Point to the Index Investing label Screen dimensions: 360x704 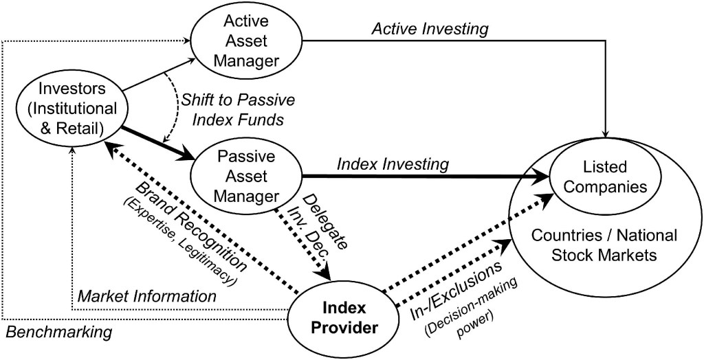[393, 164]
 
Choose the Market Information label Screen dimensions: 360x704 [146, 297]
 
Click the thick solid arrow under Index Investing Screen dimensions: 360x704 [426, 177]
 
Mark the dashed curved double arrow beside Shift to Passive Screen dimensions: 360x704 [173, 106]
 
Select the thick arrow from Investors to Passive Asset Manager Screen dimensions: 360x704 [157, 143]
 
